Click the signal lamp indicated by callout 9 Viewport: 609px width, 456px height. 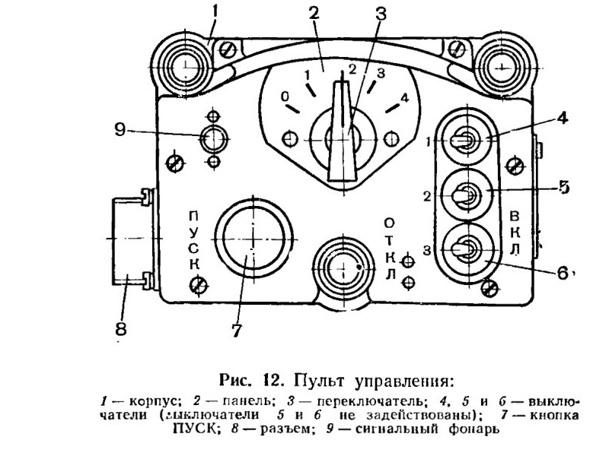click(213, 138)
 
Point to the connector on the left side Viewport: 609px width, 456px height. click(132, 237)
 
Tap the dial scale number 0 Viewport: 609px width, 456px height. click(285, 96)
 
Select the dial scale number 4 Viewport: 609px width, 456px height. click(405, 97)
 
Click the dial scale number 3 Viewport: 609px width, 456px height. click(381, 72)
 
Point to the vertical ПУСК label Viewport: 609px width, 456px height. click(195, 240)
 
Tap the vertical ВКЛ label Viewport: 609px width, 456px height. click(515, 233)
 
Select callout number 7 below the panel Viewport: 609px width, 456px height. click(237, 331)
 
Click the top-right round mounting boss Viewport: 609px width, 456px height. click(502, 67)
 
